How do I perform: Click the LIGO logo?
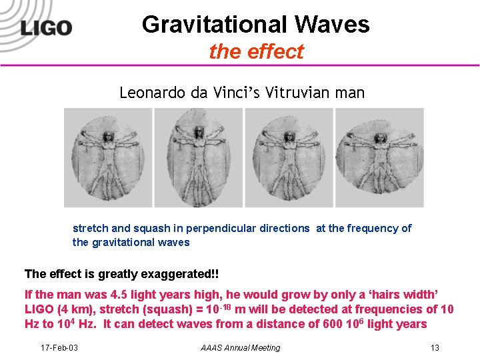coord(45,28)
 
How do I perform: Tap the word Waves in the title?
coord(339,25)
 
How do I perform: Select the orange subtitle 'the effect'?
coord(256,51)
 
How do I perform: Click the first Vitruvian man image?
coord(108,157)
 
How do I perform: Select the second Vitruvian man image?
coord(198,157)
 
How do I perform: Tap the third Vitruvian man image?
coord(289,157)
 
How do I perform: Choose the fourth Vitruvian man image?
coord(379,157)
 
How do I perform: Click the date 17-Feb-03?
coord(59,347)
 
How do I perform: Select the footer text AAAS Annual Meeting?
coord(241,347)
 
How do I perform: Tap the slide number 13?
coord(435,347)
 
